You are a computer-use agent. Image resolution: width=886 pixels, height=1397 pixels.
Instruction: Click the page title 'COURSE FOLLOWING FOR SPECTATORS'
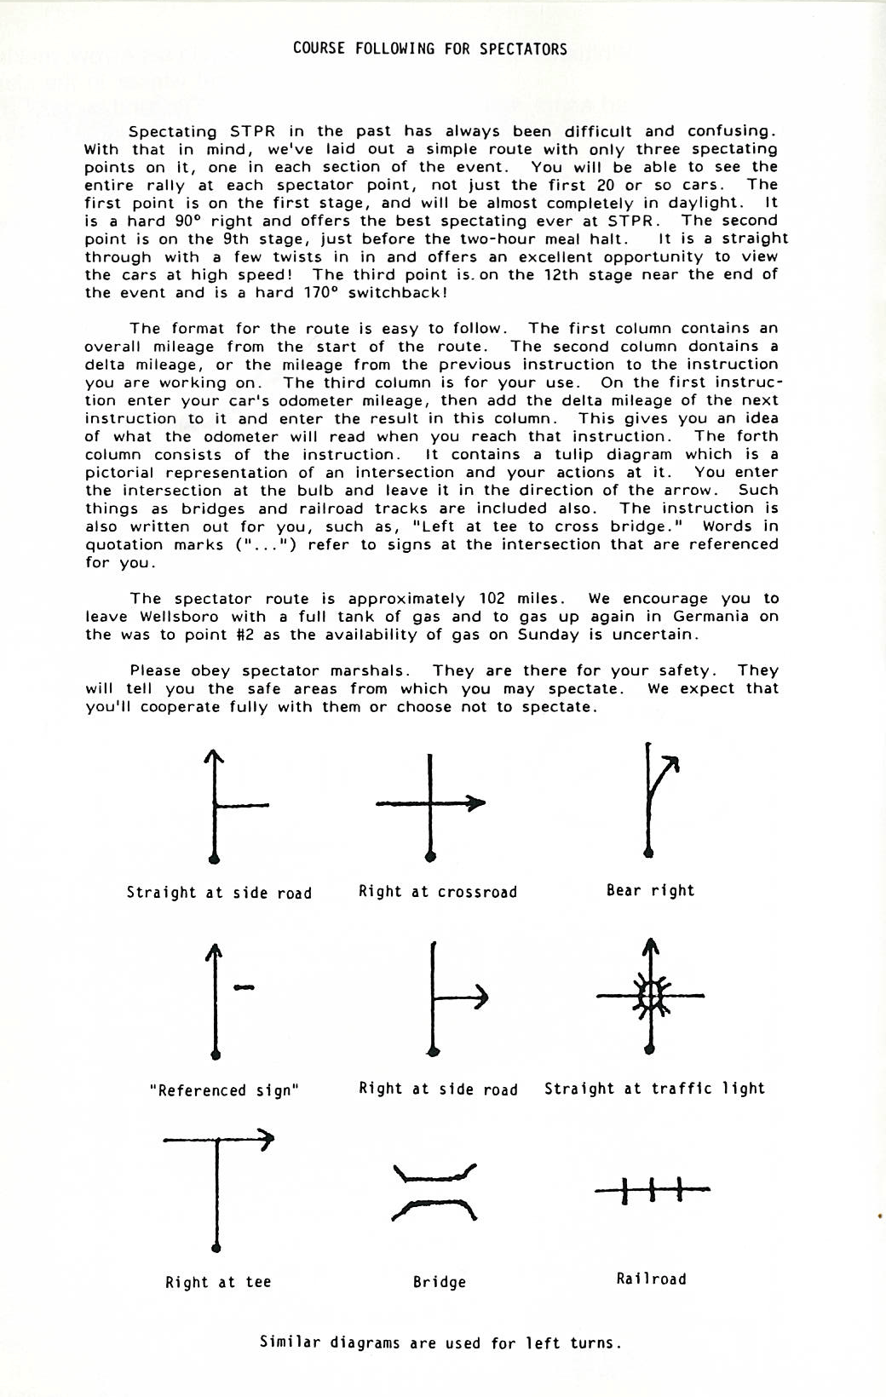429,49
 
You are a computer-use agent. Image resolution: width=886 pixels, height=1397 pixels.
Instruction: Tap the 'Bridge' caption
439,1282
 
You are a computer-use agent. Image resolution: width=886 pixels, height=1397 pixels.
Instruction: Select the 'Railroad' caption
651,1279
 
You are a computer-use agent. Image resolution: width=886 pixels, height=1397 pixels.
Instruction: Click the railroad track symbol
652,1188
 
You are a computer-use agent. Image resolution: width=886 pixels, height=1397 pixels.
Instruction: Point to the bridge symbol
434,1192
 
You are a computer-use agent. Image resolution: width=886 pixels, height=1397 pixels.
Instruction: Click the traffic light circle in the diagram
651,994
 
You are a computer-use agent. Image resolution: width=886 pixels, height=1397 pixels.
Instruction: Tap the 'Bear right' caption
650,890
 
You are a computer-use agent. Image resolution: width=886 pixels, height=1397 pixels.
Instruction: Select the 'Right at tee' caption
218,1282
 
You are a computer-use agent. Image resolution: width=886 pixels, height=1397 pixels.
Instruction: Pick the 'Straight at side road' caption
219,893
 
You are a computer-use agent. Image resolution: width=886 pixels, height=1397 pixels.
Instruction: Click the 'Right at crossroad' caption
437,892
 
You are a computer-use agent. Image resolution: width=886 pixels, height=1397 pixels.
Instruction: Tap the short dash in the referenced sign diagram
244,987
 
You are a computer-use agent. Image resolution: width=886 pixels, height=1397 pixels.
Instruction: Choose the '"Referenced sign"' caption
223,1090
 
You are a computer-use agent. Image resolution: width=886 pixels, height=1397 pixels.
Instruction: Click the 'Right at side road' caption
438,1089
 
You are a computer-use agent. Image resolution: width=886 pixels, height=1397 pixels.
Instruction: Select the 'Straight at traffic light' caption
654,1089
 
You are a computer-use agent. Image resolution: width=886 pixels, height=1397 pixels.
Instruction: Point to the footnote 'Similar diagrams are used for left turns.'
440,1343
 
